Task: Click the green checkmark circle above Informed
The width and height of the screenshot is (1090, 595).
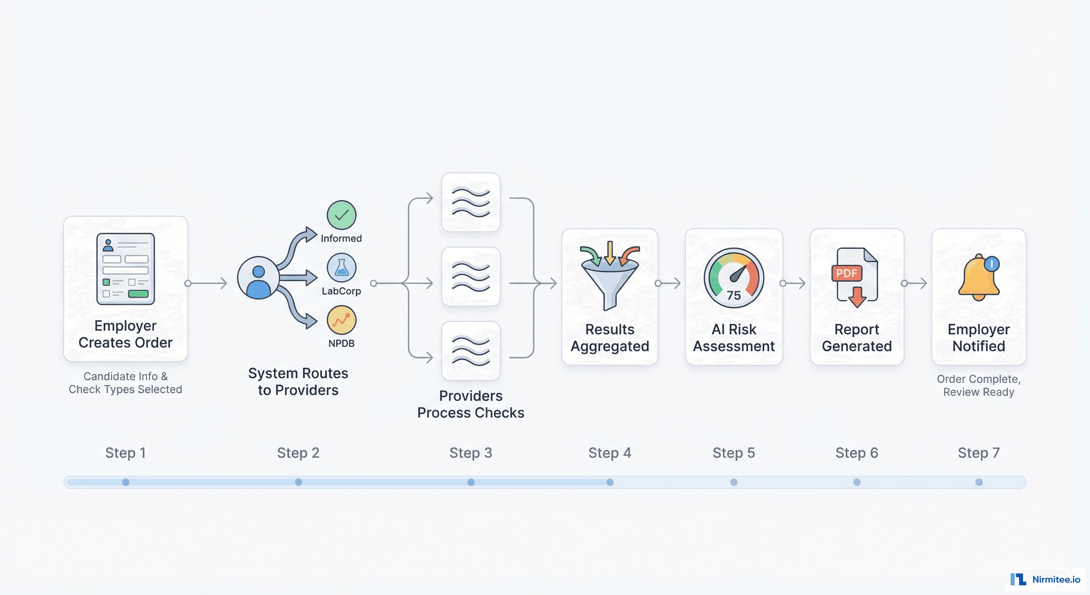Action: coord(341,215)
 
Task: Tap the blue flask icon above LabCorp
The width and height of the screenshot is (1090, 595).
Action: coord(341,268)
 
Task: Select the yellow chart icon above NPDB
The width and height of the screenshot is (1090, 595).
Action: coord(341,320)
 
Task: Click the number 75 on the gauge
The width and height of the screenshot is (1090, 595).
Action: coord(734,295)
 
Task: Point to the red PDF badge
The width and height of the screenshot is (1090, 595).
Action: coord(846,273)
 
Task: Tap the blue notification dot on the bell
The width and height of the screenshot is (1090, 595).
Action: coord(991,264)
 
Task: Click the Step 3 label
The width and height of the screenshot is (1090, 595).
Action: coord(471,453)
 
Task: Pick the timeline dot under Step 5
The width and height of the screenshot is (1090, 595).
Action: coord(734,482)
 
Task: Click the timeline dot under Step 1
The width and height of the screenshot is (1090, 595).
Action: coord(126,482)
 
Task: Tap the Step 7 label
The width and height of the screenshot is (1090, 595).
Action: coord(978,453)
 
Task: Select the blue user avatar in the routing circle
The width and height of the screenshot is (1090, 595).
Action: coord(258,278)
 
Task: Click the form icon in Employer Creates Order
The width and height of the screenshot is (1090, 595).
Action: coord(126,269)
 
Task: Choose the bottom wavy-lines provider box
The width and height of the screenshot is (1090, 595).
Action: coord(471,351)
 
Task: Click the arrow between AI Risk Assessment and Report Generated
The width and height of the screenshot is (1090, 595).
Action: coord(794,283)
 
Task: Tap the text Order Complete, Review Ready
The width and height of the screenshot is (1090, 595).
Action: coord(978,385)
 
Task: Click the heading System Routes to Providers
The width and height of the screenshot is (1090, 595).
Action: coord(298,382)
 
